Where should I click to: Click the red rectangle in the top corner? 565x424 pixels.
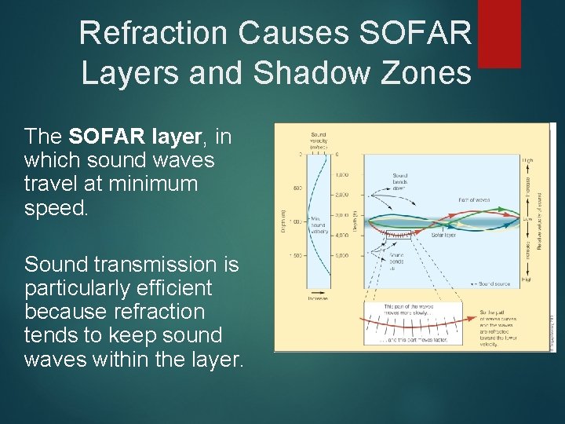[499, 33]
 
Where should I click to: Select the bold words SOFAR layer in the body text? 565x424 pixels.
[137, 137]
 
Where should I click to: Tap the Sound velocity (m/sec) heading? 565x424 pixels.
[319, 141]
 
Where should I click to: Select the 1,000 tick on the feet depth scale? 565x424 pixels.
[341, 174]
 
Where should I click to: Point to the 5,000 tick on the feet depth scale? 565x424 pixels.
[341, 256]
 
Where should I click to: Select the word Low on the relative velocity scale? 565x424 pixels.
[527, 219]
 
